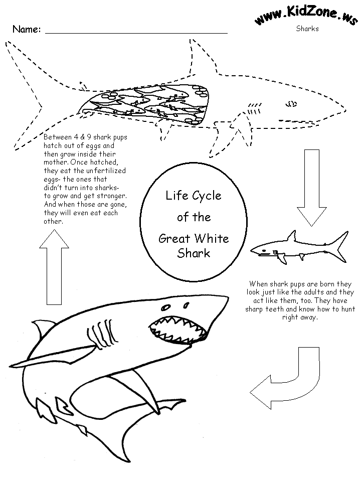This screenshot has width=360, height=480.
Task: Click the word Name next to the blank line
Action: pyautogui.click(x=26, y=29)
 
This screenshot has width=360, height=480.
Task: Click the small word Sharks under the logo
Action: pyautogui.click(x=307, y=29)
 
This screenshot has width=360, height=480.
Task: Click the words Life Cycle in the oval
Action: pyautogui.click(x=194, y=196)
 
